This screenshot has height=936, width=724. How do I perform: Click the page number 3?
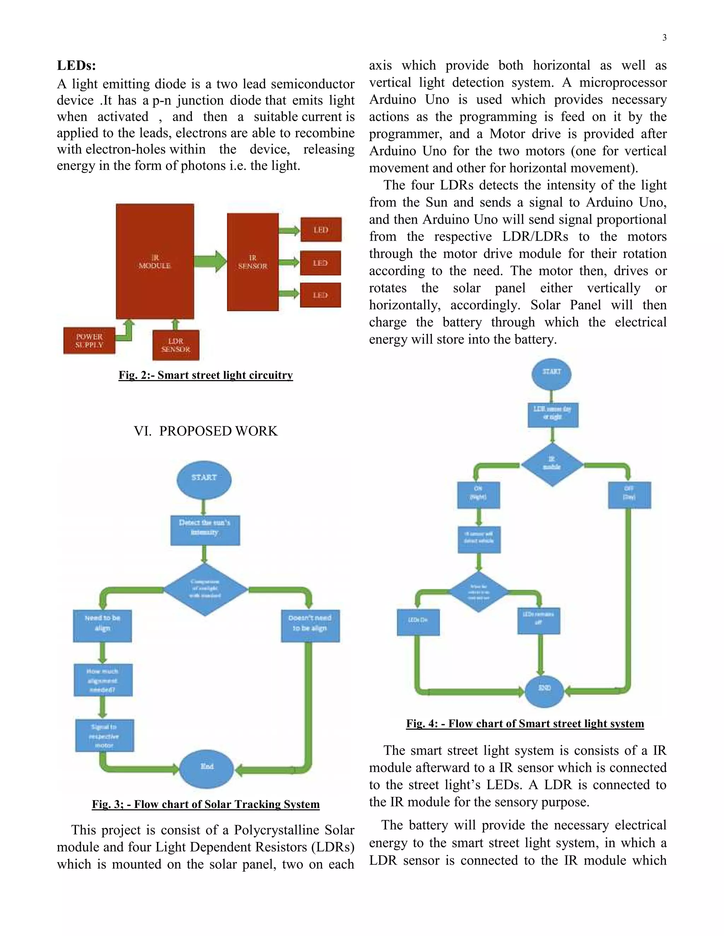tap(664, 38)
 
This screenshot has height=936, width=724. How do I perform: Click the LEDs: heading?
tap(76, 66)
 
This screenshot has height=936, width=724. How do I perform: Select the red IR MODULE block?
tap(155, 261)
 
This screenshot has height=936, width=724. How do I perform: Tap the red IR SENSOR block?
tap(253, 262)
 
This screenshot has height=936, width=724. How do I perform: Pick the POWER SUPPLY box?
tap(89, 341)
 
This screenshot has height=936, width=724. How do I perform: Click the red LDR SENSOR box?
tap(176, 345)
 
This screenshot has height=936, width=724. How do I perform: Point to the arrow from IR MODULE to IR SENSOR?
tap(210, 261)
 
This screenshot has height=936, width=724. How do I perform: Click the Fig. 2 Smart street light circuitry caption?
tap(205, 375)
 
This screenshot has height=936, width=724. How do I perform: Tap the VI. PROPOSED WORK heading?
tap(205, 431)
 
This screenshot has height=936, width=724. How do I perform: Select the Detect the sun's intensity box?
tap(205, 530)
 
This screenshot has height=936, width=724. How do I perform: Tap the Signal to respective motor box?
tap(105, 735)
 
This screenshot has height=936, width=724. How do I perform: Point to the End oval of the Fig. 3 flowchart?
tap(206, 769)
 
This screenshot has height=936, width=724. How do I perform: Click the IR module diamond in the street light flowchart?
tap(552, 464)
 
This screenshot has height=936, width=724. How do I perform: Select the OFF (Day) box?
tap(630, 495)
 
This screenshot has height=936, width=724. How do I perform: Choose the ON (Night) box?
tap(478, 495)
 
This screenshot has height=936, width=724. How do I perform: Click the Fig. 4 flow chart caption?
tap(525, 723)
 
